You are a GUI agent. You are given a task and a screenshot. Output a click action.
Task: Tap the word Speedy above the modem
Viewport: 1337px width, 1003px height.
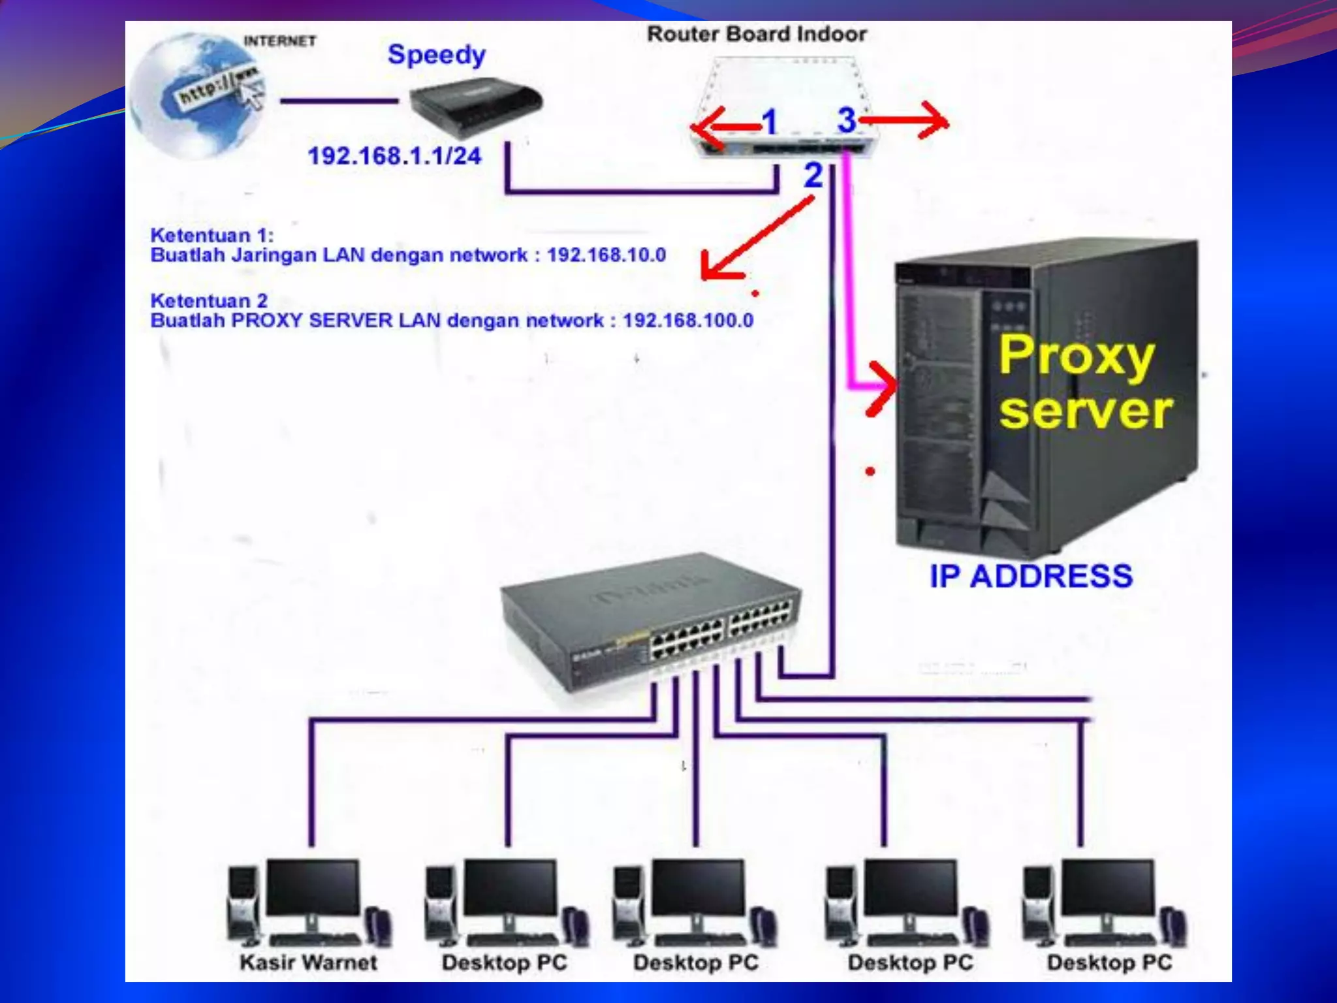click(436, 55)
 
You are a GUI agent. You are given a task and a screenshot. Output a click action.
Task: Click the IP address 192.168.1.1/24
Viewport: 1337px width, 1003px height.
click(394, 156)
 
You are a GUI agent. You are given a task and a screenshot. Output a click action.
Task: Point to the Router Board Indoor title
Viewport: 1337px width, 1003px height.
click(756, 34)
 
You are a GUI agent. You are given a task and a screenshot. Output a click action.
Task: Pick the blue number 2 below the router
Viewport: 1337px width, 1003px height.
click(813, 175)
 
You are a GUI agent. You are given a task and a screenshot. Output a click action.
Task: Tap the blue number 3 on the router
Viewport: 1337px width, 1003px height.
click(847, 120)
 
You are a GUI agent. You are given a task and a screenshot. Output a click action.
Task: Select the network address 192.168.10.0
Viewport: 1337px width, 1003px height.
click(606, 255)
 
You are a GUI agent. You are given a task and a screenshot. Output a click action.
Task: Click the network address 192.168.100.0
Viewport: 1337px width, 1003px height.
click(687, 321)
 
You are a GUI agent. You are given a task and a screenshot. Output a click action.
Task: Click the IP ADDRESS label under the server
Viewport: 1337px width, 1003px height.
click(1031, 576)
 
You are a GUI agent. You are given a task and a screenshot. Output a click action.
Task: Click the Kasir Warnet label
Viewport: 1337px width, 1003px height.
click(308, 963)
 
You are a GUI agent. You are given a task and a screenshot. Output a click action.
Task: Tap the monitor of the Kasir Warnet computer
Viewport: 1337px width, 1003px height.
click(313, 888)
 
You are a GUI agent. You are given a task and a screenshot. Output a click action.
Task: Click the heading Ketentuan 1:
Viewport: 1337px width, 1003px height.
click(212, 235)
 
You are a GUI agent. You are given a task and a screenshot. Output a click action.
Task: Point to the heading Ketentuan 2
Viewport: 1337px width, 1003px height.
click(209, 301)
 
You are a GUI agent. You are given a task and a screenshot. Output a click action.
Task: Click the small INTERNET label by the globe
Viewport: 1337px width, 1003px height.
click(279, 41)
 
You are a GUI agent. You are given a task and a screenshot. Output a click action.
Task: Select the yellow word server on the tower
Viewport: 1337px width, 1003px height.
click(1086, 411)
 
